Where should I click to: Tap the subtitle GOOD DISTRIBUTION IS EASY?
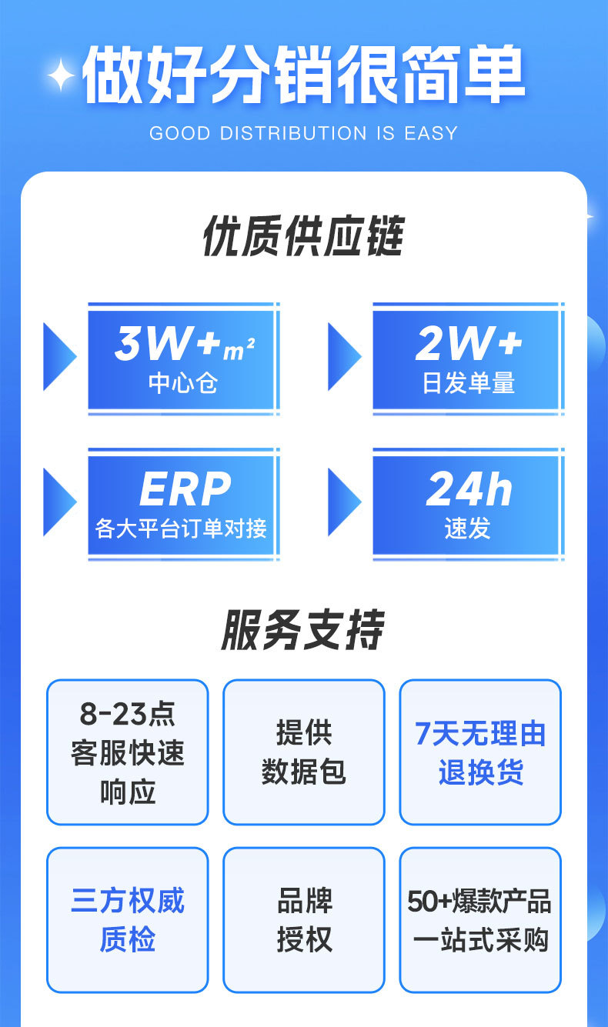point(303,133)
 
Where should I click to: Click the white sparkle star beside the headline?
point(61,75)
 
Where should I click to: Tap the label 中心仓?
point(182,382)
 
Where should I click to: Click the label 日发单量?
point(468,382)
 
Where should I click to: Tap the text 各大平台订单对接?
point(182,529)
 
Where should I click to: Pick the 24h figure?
point(469,488)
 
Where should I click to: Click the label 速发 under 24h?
point(468,529)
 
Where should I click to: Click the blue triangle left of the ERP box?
point(58,502)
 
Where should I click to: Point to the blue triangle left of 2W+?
point(343,356)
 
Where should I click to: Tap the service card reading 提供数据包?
point(303,752)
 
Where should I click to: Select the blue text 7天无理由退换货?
point(480,752)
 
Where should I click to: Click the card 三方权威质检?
point(128,920)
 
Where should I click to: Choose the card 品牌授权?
point(303,920)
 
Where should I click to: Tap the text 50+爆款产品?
point(479,902)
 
